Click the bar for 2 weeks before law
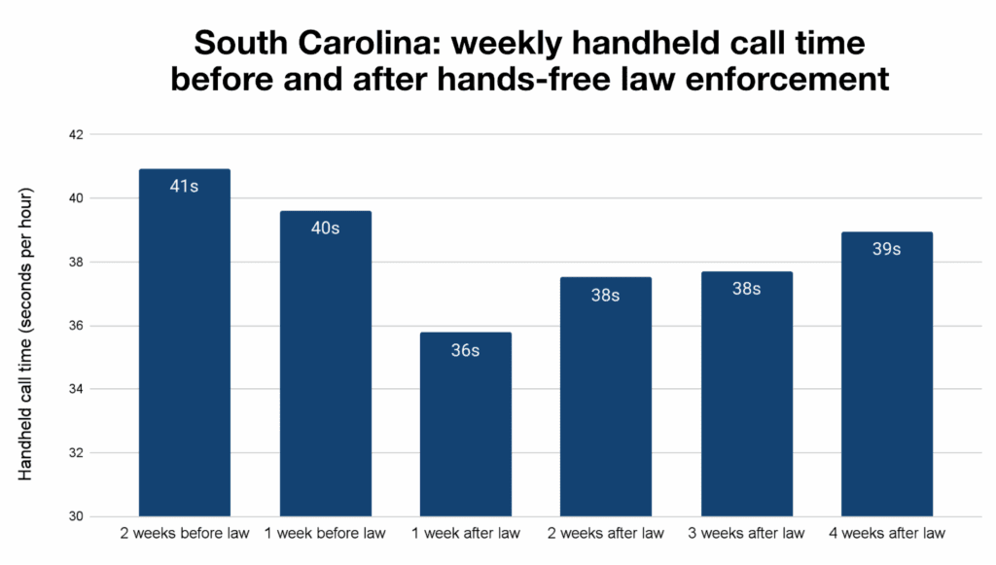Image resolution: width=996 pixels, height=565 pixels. [185, 350]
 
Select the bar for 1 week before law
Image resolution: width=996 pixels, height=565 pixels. [325, 370]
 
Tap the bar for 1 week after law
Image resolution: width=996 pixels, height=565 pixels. [465, 428]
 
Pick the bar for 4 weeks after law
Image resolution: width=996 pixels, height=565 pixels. [886, 379]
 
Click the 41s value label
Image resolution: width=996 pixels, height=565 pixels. [184, 186]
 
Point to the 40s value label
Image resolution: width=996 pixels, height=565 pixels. [325, 229]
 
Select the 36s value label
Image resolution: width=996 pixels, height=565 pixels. [465, 350]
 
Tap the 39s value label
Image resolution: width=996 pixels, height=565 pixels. [886, 249]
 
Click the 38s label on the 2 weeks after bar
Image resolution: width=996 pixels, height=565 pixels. [605, 295]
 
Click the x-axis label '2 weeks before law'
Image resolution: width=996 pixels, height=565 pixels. [185, 533]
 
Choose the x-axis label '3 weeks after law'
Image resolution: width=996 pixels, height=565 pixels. [746, 533]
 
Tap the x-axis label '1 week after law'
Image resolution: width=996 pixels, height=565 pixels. [465, 533]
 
